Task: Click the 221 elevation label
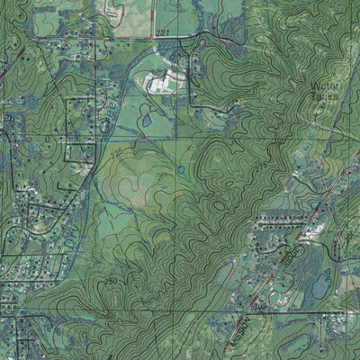click(x=163, y=32)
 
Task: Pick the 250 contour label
click(x=110, y=282)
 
